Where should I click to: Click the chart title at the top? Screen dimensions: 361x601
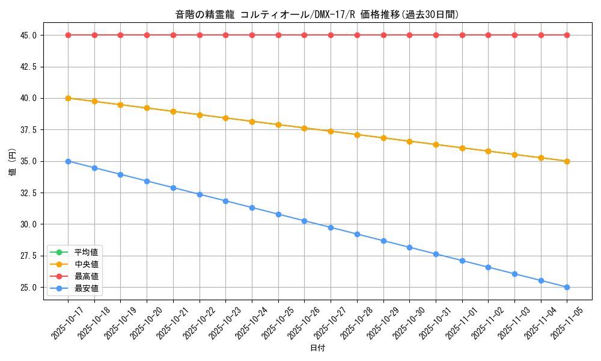317,14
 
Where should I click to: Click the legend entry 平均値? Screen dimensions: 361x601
86,251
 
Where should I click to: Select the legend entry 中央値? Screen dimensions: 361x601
86,264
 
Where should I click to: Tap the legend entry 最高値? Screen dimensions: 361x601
86,277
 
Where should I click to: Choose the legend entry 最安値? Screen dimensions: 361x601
86,289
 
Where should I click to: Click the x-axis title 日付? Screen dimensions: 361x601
317,348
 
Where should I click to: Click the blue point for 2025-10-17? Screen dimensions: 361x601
68,161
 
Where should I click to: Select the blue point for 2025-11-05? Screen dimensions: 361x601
567,288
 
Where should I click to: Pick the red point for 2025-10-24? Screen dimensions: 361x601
252,35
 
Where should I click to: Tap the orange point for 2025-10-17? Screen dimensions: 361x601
68,98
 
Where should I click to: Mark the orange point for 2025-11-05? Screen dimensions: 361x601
567,161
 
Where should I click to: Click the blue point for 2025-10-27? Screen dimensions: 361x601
331,227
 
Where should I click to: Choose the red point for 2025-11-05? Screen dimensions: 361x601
567,35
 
